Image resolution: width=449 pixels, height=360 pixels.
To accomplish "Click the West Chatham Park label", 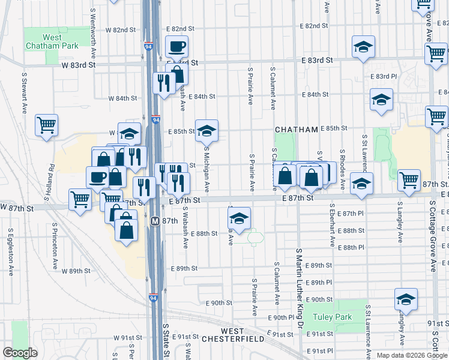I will click(x=52, y=41).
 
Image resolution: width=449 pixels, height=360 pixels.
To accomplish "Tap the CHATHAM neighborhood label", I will click(x=296, y=130).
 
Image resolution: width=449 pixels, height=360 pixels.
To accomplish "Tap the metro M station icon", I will click(x=154, y=221).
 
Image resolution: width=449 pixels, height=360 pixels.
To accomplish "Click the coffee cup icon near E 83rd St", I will click(x=176, y=46).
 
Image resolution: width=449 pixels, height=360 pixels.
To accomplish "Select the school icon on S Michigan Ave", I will click(x=206, y=130).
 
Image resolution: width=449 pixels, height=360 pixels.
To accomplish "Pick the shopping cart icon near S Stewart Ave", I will click(x=46, y=125).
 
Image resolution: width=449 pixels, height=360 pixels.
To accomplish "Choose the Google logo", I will click(x=20, y=353).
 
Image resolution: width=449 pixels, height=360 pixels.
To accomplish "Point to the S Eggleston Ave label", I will click(x=11, y=252).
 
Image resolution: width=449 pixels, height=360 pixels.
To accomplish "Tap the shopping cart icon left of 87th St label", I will click(x=408, y=179).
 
